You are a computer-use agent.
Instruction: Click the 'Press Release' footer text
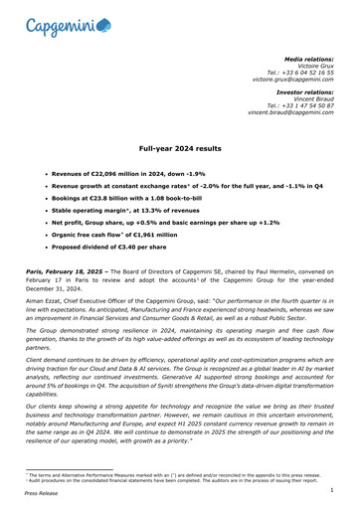(42, 499)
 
